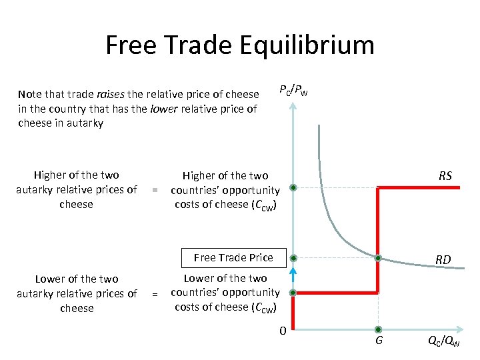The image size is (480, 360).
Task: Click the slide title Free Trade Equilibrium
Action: (240, 46)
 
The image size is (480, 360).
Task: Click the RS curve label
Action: (445, 176)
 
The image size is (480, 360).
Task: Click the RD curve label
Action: (443, 260)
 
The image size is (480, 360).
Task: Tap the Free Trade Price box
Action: (233, 257)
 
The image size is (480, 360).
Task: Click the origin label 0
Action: (283, 331)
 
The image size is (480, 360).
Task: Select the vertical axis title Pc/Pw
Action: (293, 90)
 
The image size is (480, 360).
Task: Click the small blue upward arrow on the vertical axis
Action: (292, 273)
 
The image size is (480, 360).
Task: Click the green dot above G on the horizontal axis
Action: (378, 329)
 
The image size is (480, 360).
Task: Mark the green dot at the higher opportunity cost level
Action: (293, 188)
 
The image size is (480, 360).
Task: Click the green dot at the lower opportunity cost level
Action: (293, 292)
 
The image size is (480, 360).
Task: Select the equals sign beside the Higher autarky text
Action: (155, 190)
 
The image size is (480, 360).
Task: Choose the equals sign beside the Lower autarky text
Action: (155, 293)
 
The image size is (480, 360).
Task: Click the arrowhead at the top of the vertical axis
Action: (293, 105)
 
